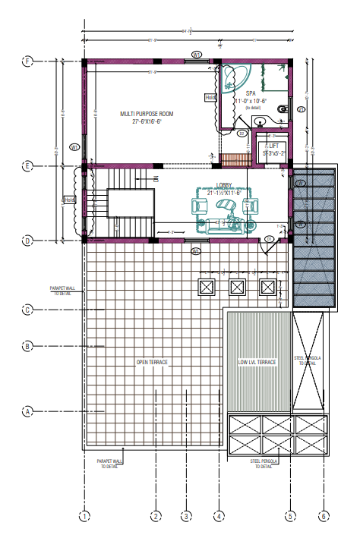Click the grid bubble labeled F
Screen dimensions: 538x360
[x=27, y=61]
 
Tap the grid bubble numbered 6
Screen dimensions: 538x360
[x=324, y=517]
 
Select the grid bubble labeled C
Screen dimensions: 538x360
[x=27, y=309]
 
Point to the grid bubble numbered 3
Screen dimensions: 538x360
[x=185, y=517]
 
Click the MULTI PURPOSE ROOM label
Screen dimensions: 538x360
[x=147, y=114]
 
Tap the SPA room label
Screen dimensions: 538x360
[x=250, y=93]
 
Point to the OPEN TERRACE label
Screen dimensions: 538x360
[x=152, y=362]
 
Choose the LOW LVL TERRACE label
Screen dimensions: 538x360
[x=257, y=362]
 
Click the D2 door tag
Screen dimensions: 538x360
[x=242, y=134]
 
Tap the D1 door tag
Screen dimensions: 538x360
[x=270, y=240]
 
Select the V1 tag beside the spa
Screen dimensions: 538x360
[x=301, y=109]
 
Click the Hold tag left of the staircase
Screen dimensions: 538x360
[x=70, y=200]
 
